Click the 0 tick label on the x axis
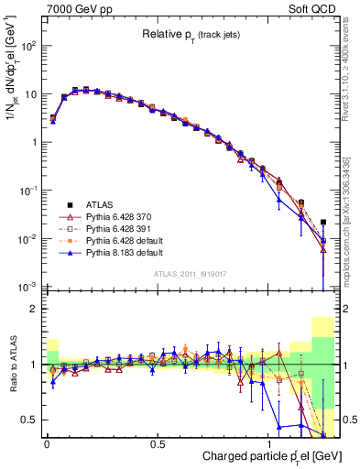[47, 442]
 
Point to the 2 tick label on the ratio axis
[33, 310]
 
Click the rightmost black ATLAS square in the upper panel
[323, 222]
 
